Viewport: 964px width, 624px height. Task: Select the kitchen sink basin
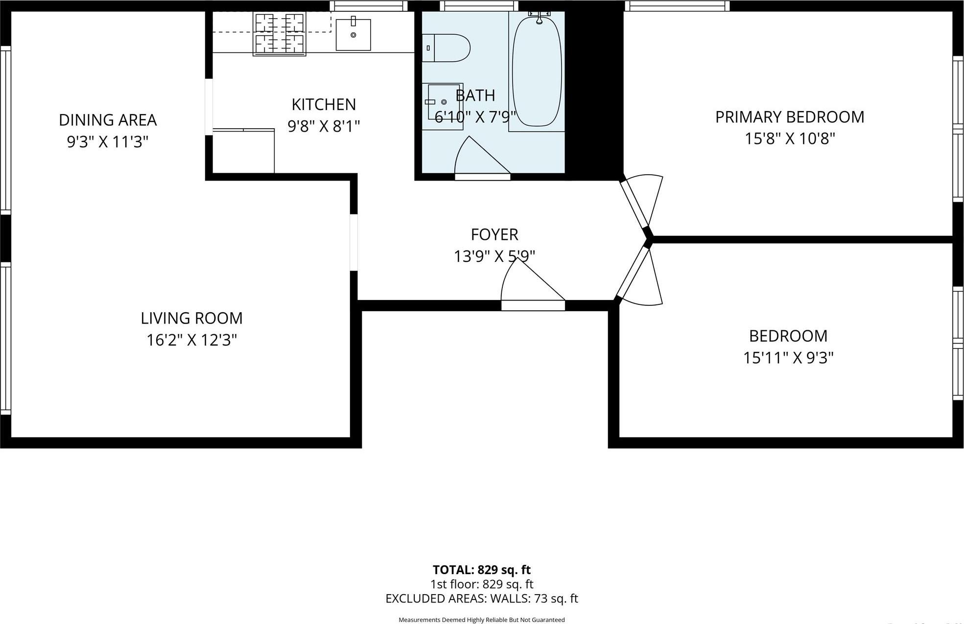pyautogui.click(x=353, y=35)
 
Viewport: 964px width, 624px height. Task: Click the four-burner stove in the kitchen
pyautogui.click(x=279, y=34)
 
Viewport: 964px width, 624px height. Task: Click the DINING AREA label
pyautogui.click(x=108, y=120)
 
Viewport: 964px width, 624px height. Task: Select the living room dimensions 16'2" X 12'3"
pyautogui.click(x=191, y=340)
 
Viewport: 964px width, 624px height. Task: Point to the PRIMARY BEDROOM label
pyautogui.click(x=789, y=117)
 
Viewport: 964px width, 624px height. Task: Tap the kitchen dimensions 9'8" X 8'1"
pyautogui.click(x=324, y=126)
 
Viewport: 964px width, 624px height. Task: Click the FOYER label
pyautogui.click(x=494, y=234)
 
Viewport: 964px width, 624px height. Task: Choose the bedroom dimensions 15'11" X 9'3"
pyautogui.click(x=788, y=358)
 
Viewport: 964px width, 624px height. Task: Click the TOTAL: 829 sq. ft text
pyautogui.click(x=481, y=570)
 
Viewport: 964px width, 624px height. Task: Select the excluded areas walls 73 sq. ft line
pyautogui.click(x=481, y=599)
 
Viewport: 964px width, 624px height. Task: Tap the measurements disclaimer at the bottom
pyautogui.click(x=481, y=620)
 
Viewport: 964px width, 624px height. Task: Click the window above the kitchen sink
pyautogui.click(x=369, y=6)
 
